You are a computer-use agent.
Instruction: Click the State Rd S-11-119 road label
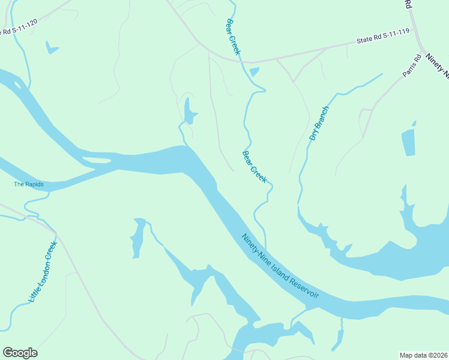click(x=382, y=38)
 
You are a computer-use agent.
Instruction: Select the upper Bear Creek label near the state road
click(x=233, y=37)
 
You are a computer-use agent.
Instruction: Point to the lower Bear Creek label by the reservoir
click(x=255, y=167)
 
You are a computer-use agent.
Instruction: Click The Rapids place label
click(x=29, y=184)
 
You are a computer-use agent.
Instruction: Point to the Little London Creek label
click(x=43, y=271)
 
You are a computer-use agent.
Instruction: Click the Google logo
click(x=20, y=353)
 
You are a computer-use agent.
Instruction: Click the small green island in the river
click(x=96, y=160)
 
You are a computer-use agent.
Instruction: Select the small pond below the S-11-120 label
click(x=52, y=47)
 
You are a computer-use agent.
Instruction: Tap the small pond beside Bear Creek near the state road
click(x=254, y=73)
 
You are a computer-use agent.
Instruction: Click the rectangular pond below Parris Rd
click(x=408, y=142)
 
